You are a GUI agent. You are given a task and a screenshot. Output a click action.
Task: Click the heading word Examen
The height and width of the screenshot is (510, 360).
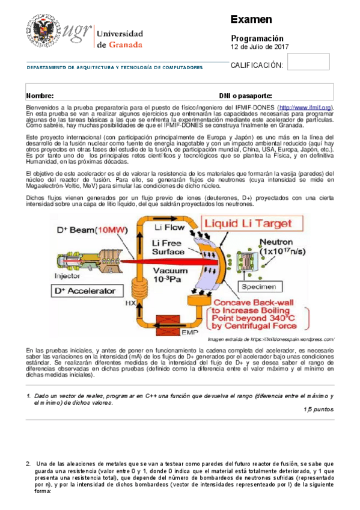tap(251, 20)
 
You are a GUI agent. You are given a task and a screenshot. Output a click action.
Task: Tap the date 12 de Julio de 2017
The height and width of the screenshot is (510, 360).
tap(260, 47)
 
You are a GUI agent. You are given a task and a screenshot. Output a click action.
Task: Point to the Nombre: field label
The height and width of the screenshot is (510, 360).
tap(40, 96)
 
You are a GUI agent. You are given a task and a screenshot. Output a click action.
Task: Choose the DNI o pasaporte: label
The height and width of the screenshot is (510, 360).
tap(246, 96)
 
